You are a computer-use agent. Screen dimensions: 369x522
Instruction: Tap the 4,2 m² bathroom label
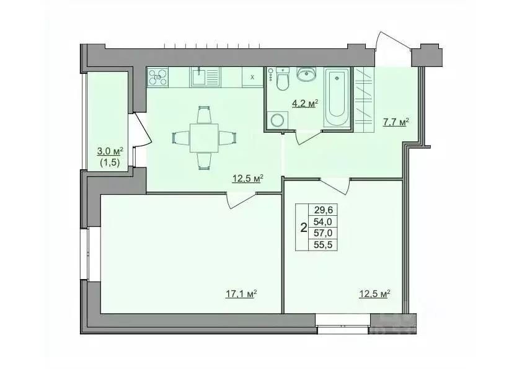[305, 104]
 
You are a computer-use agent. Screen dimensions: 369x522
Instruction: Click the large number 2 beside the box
[303, 228]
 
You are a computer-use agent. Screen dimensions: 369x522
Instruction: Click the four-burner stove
[157, 77]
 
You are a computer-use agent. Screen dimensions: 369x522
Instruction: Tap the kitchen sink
[199, 77]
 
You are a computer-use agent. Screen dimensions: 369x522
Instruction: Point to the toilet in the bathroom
[283, 80]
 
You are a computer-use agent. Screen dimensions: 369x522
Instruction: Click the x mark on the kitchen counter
[252, 78]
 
